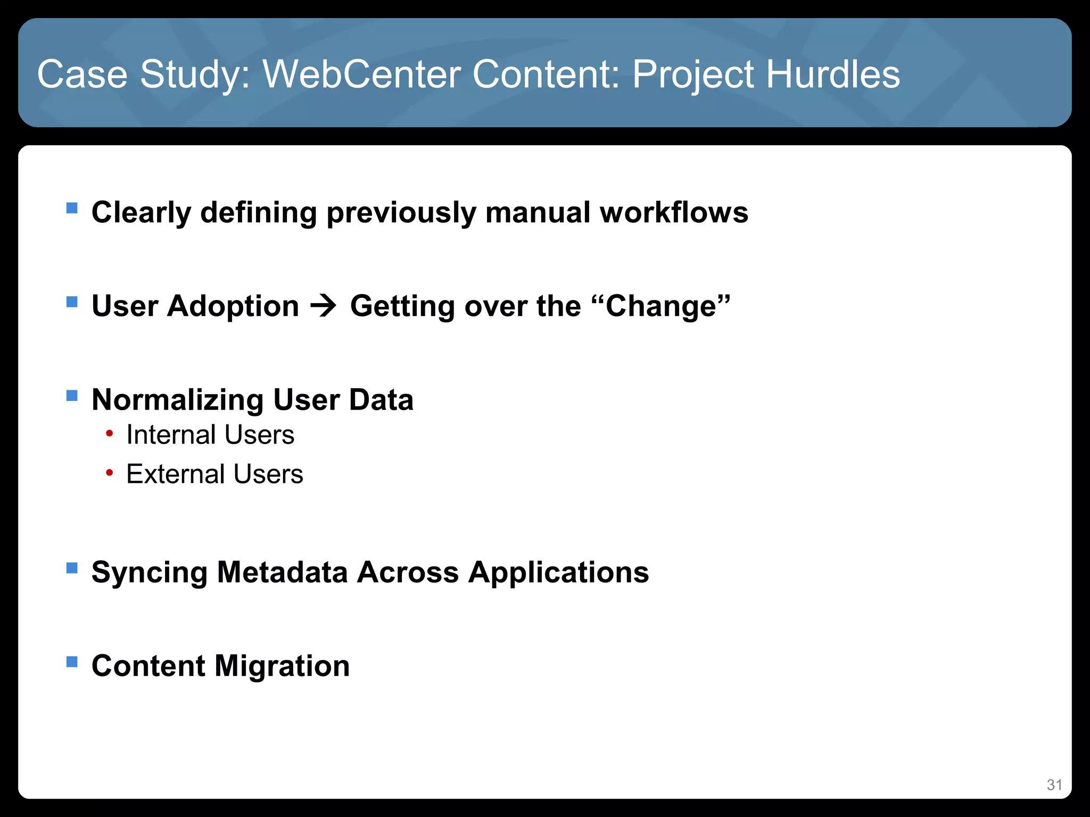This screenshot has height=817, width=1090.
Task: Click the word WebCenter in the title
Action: click(x=361, y=74)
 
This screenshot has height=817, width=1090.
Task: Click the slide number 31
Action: click(x=1054, y=785)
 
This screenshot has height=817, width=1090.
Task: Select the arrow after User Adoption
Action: click(x=324, y=306)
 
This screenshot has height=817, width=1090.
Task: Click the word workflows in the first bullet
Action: click(x=674, y=212)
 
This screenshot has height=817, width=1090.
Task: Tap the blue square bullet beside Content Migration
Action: click(x=72, y=662)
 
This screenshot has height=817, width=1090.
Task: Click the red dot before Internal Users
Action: click(x=109, y=433)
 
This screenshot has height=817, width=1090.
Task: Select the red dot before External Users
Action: click(x=109, y=472)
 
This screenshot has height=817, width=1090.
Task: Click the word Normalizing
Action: click(x=177, y=400)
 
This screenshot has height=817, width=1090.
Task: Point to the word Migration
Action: click(x=282, y=666)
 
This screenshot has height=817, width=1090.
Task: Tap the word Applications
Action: click(x=558, y=572)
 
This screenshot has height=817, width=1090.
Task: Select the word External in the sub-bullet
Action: click(x=175, y=474)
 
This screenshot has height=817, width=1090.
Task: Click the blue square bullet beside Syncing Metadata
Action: click(x=72, y=568)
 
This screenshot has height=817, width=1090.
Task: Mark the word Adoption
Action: click(x=233, y=306)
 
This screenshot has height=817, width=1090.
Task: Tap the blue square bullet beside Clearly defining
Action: click(x=72, y=207)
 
